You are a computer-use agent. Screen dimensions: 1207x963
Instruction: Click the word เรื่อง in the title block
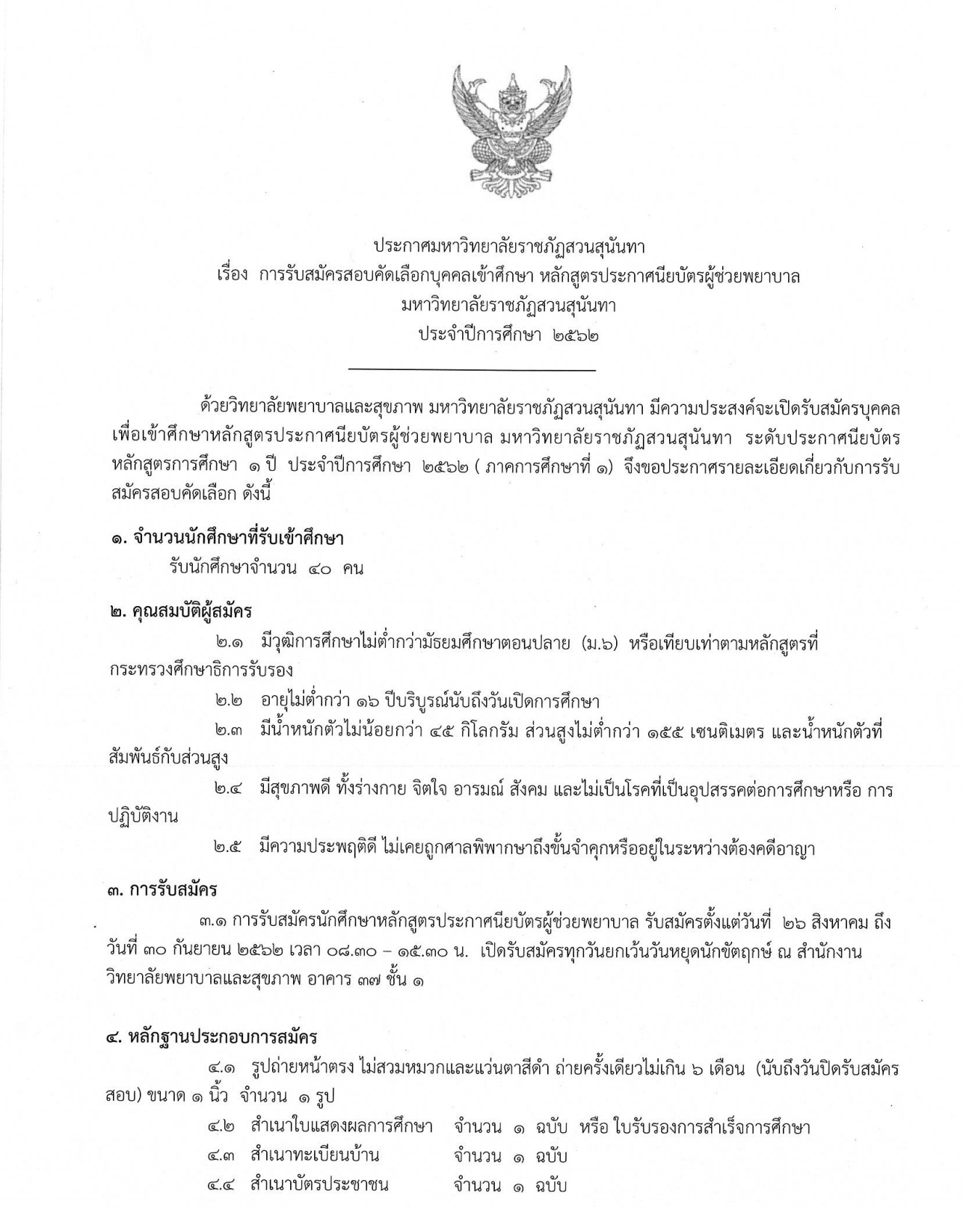tap(230, 276)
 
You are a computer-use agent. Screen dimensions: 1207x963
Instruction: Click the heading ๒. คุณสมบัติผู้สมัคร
tap(179, 611)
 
